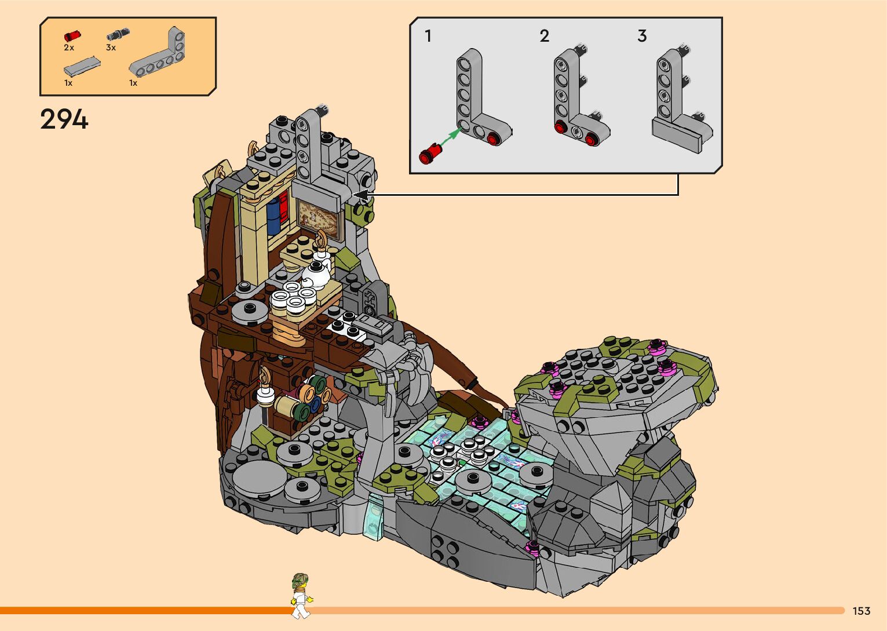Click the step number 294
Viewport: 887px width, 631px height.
64,119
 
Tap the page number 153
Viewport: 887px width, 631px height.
862,611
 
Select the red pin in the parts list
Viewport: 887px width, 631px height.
72,36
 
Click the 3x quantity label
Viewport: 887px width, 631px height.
111,48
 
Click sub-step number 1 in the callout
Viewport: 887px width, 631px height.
428,36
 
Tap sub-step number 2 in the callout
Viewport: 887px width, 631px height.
545,36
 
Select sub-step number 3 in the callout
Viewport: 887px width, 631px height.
642,36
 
